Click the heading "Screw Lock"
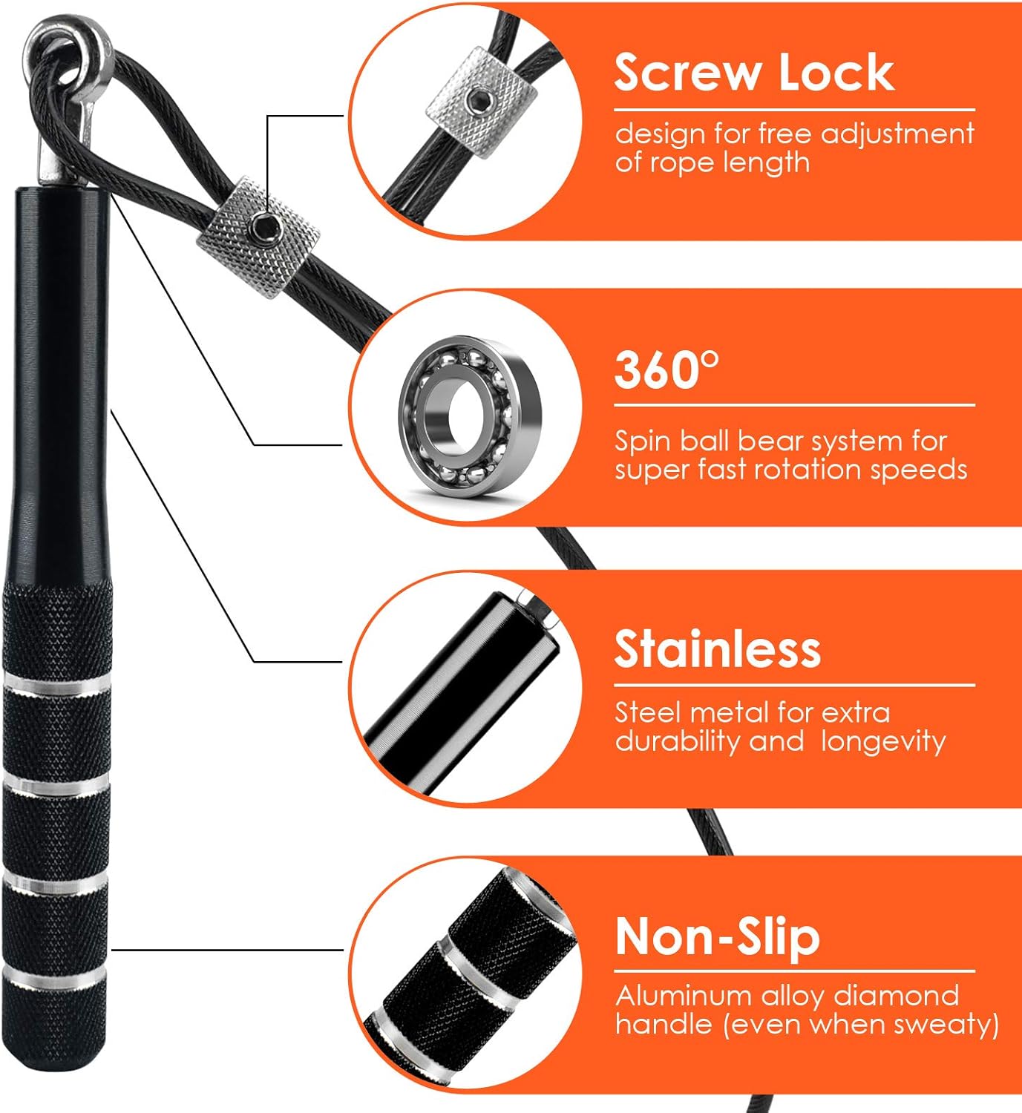754,72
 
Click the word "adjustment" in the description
897,134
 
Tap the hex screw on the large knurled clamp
260,225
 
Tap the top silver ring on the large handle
57,685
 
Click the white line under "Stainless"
794,686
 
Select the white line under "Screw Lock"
794,111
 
